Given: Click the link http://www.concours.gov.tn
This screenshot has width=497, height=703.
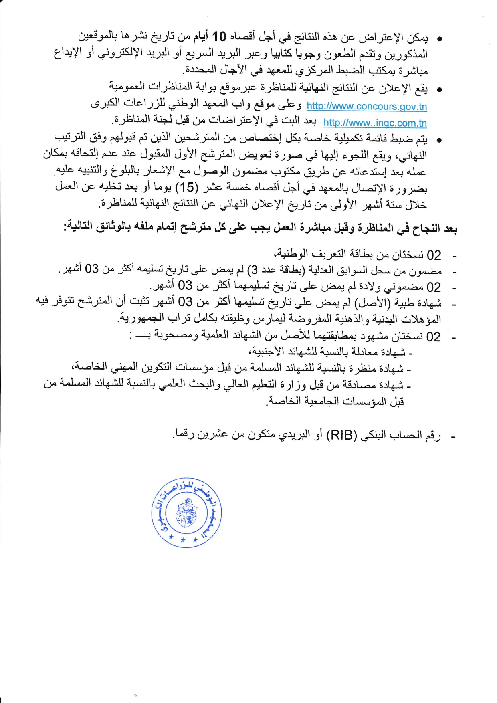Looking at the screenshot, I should pos(367,107).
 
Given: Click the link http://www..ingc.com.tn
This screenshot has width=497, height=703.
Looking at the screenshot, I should pos(375,123).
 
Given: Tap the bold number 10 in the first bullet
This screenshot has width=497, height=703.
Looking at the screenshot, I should pos(219,37).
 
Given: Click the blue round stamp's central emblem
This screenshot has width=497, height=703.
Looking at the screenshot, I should pos(187,513).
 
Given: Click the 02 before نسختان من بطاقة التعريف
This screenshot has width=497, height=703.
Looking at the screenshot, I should pos(434,255).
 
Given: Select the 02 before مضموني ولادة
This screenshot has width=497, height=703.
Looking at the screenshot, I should pos(434,287).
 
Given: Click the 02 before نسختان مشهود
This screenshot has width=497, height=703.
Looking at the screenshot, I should pos(434,337).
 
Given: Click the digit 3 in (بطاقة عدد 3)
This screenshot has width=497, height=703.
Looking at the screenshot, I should pos(254,269).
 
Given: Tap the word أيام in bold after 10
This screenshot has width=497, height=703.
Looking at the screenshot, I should pos(200,37).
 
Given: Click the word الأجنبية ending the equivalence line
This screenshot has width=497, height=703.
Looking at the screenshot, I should pos(265,351).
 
